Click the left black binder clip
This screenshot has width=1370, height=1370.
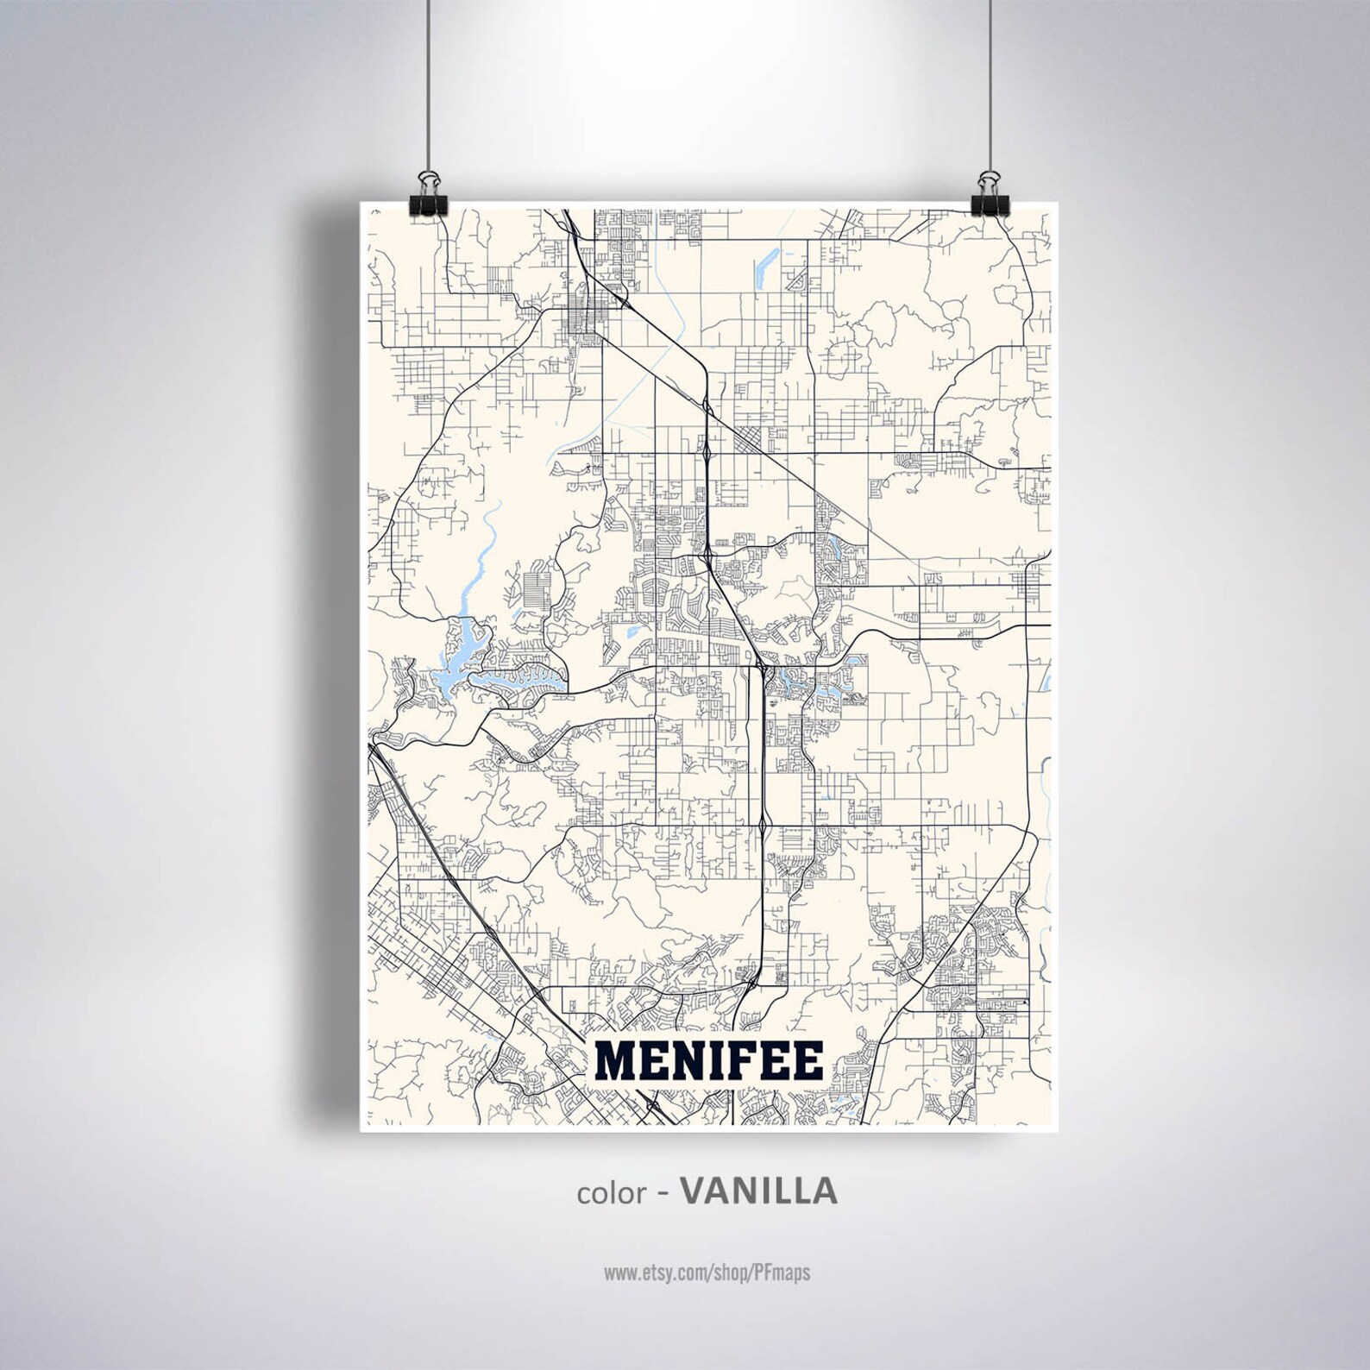point(427,207)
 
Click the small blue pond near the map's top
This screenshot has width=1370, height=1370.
point(766,267)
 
